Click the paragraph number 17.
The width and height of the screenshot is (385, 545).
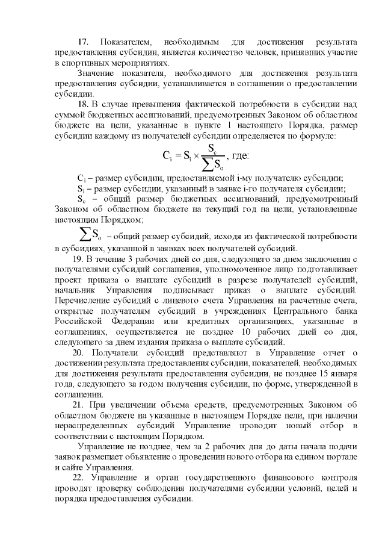tap(84, 42)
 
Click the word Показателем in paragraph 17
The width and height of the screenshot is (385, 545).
tap(125, 42)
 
